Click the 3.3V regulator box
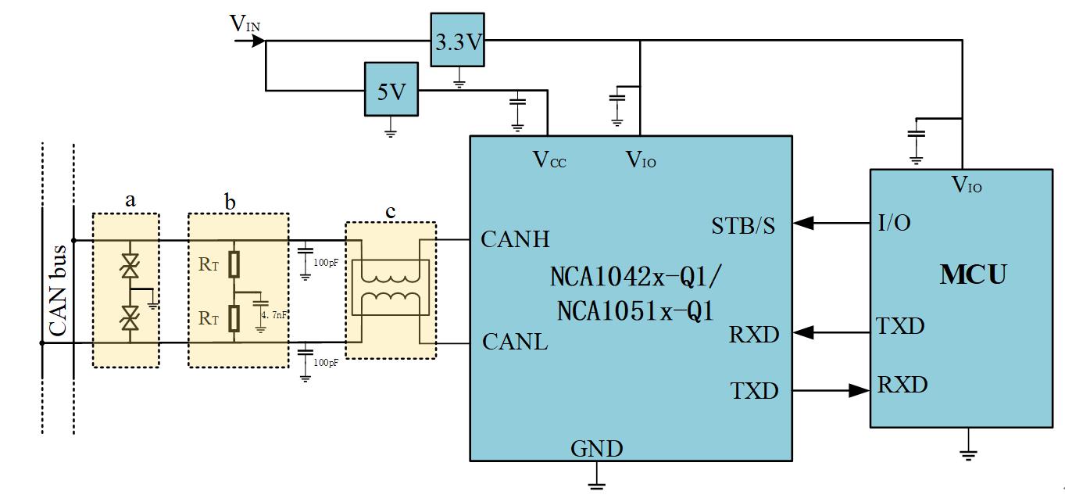(458, 41)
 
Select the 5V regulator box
(391, 91)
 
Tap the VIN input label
(245, 24)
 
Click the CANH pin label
(515, 239)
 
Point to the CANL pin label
(515, 342)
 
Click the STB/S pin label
(743, 227)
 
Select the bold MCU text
(972, 275)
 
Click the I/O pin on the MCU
(894, 223)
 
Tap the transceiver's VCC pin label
(549, 160)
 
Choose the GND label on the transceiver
(597, 449)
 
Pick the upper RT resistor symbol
(234, 265)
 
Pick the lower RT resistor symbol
(234, 319)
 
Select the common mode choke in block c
(391, 291)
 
